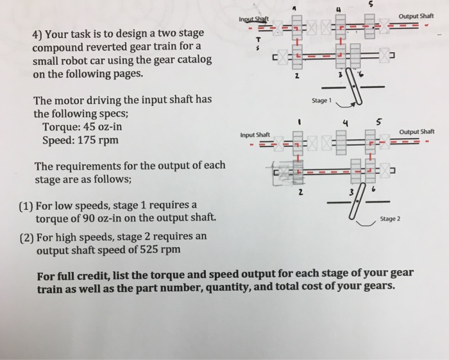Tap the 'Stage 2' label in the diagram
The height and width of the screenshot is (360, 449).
[x=389, y=219]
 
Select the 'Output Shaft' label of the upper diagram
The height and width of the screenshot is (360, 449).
[x=416, y=16]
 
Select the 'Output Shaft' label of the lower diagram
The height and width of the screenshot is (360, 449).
[x=416, y=132]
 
